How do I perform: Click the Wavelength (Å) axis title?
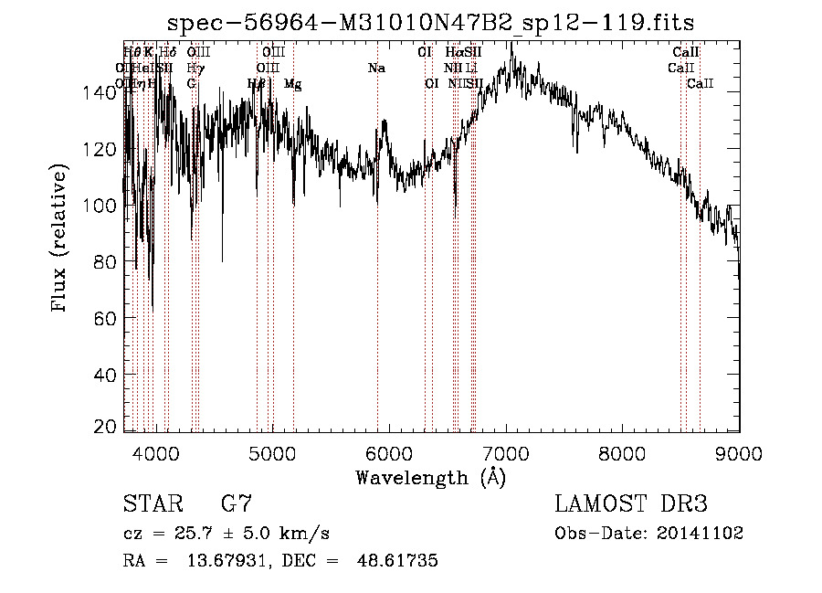[430, 477]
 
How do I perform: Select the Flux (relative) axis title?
[60, 239]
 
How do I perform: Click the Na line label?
[376, 69]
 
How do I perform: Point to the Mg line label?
[292, 84]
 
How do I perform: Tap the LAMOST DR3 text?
[631, 503]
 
